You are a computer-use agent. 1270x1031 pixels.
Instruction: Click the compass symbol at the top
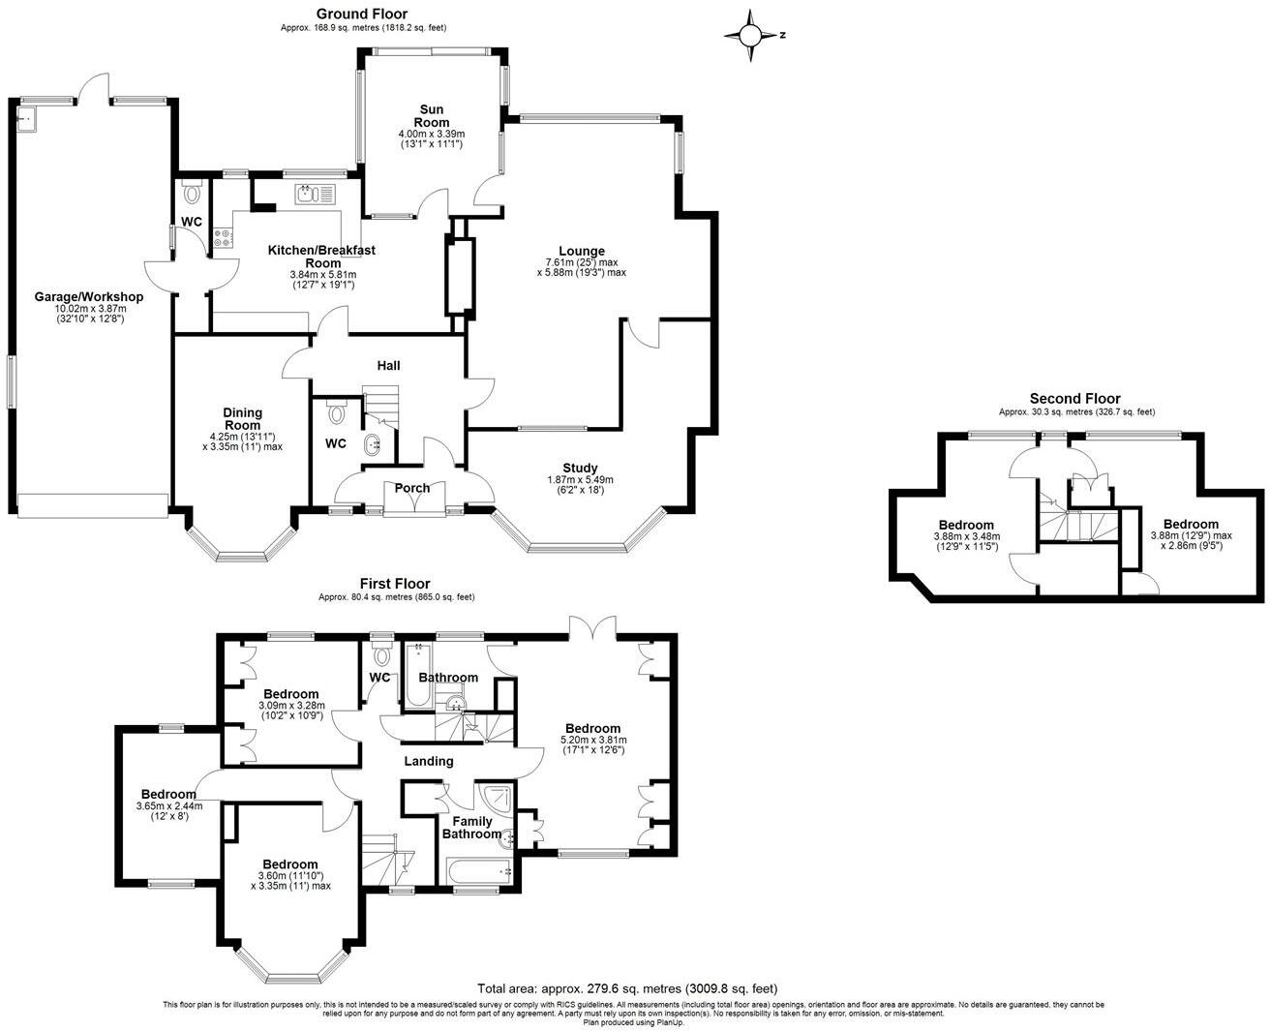pos(751,36)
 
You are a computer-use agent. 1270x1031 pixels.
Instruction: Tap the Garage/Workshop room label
pos(89,297)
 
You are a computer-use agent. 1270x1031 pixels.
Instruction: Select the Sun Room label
pos(433,115)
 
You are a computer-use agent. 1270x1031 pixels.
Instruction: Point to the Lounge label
pos(581,251)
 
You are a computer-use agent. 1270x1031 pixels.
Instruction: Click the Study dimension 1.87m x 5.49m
pos(580,479)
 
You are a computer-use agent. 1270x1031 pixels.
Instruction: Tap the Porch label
pos(412,488)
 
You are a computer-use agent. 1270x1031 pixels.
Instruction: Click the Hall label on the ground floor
pos(388,366)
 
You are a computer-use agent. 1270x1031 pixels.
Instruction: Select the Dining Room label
pos(242,419)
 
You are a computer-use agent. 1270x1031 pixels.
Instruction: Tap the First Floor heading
pos(395,584)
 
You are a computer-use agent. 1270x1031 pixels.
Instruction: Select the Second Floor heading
pos(1074,399)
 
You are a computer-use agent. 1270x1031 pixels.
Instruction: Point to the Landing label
pos(428,761)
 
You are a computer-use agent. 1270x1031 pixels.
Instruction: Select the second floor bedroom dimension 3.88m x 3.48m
pos(965,536)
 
